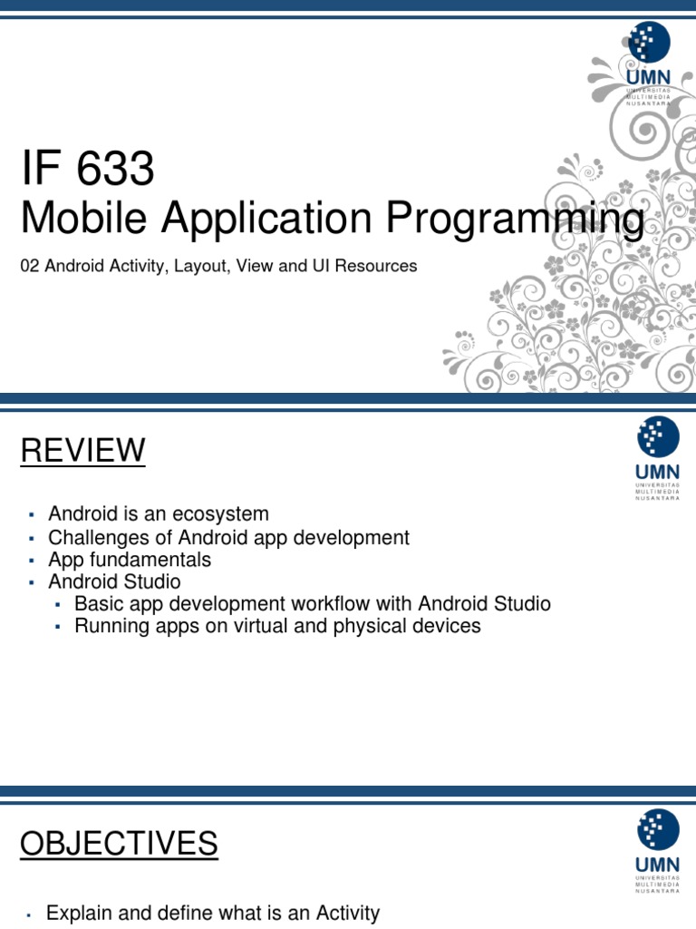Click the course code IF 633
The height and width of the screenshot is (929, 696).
click(x=88, y=170)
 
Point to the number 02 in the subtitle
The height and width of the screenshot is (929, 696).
click(x=29, y=267)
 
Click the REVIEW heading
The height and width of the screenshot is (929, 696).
click(x=82, y=450)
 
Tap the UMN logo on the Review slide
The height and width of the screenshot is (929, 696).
click(x=657, y=457)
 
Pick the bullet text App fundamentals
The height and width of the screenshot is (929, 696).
click(x=130, y=560)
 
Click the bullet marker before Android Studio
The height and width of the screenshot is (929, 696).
click(x=30, y=582)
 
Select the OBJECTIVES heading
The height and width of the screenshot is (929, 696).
click(x=119, y=844)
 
